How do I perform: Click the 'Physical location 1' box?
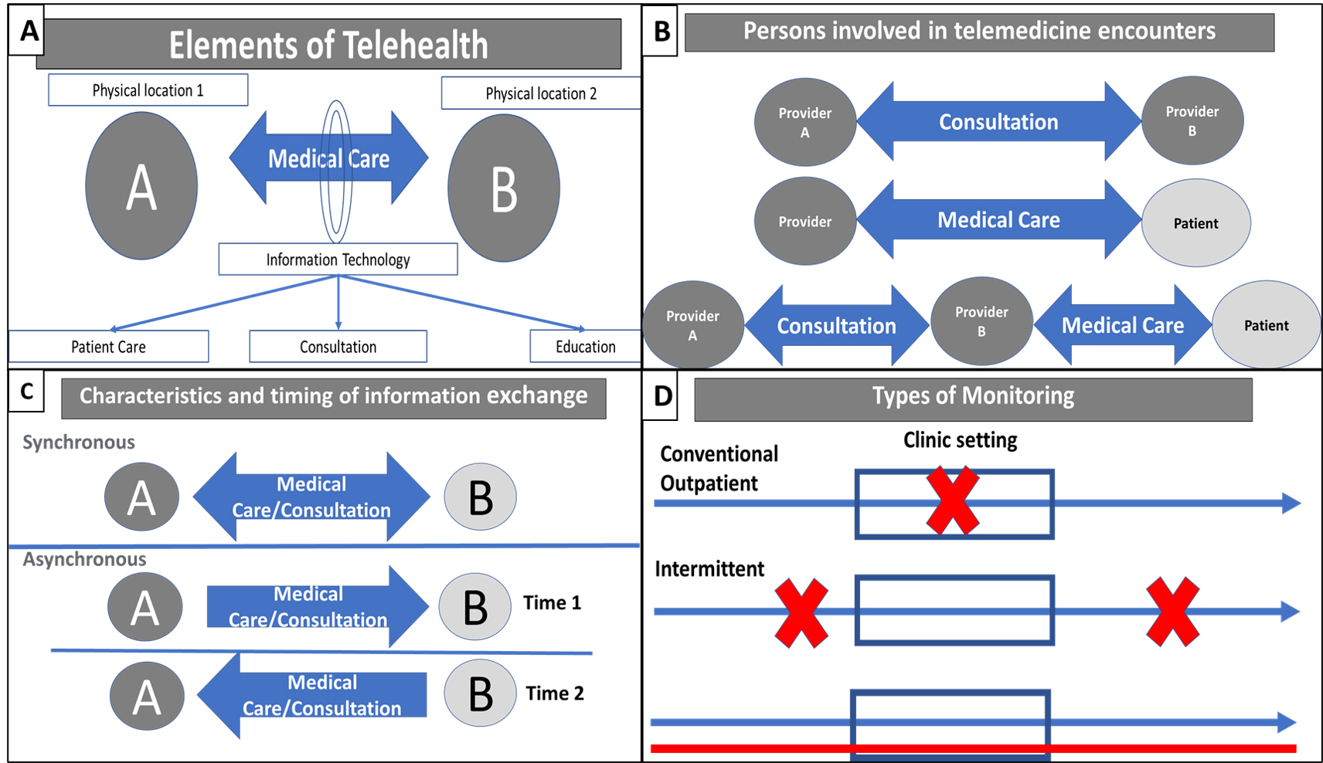point(148,90)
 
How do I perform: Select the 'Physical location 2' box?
point(540,93)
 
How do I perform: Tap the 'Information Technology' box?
point(338,259)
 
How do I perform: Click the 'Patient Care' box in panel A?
point(108,347)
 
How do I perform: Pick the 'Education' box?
point(585,347)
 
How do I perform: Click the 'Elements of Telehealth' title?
point(328,45)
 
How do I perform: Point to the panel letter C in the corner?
point(26,392)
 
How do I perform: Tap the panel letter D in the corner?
point(662,396)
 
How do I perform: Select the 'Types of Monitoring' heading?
point(973,396)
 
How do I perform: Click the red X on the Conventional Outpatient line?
point(953,500)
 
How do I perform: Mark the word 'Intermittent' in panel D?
point(709,569)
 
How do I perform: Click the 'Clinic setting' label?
point(960,440)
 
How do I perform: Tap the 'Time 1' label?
point(552,602)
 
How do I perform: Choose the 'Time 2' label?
point(555,693)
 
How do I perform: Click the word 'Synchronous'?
point(79,443)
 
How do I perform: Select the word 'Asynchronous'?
point(84,559)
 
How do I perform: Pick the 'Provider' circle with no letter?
point(804,222)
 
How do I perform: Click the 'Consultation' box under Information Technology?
point(338,347)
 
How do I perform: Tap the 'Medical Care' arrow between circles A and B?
point(328,159)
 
